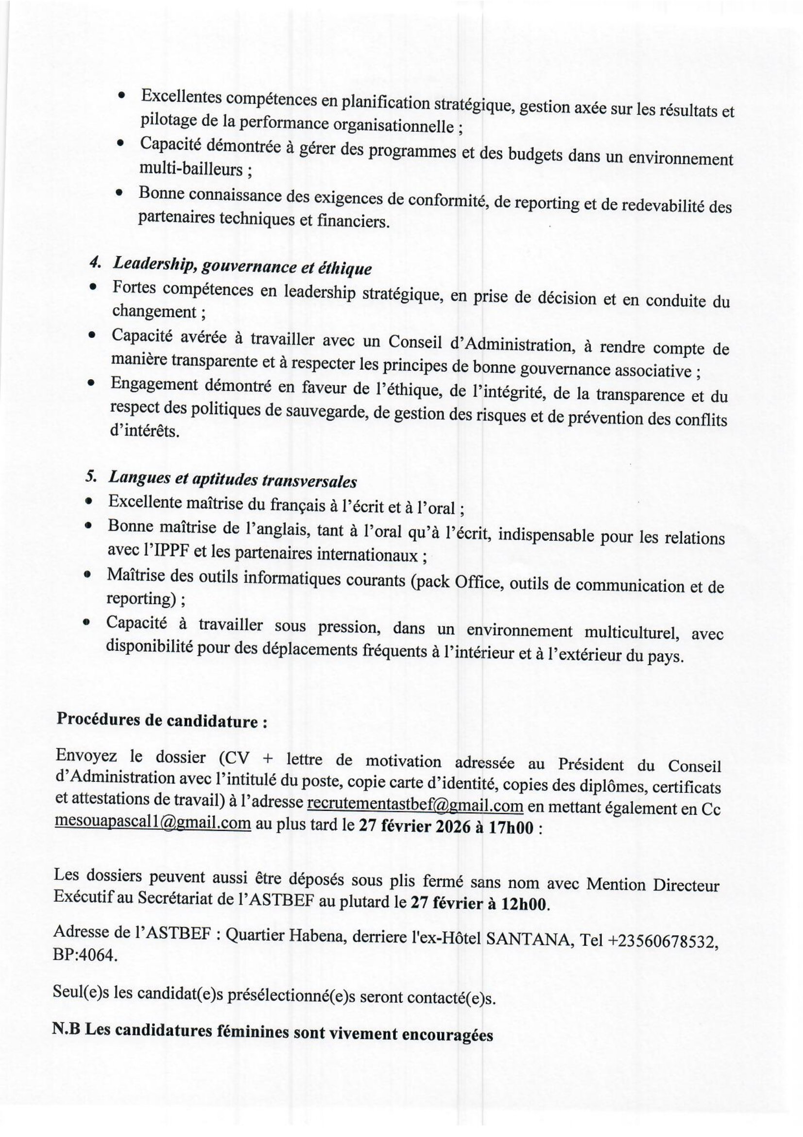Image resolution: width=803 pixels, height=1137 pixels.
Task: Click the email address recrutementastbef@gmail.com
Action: click(x=414, y=805)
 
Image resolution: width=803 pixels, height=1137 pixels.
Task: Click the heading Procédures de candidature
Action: click(x=162, y=721)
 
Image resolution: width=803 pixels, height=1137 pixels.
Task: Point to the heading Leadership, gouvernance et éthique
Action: click(x=242, y=266)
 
